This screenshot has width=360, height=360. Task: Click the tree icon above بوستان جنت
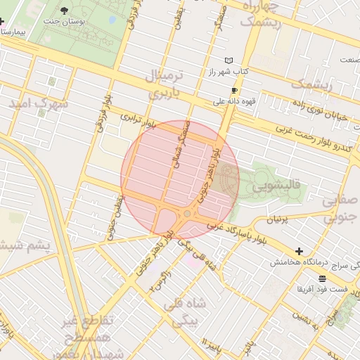[x=65, y=11]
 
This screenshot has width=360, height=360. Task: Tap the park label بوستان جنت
[x=64, y=22]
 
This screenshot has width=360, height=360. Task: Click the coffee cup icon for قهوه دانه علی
[x=234, y=91]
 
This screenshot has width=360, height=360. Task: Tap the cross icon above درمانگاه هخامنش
[x=300, y=251]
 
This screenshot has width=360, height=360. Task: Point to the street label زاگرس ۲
[x=160, y=281]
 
